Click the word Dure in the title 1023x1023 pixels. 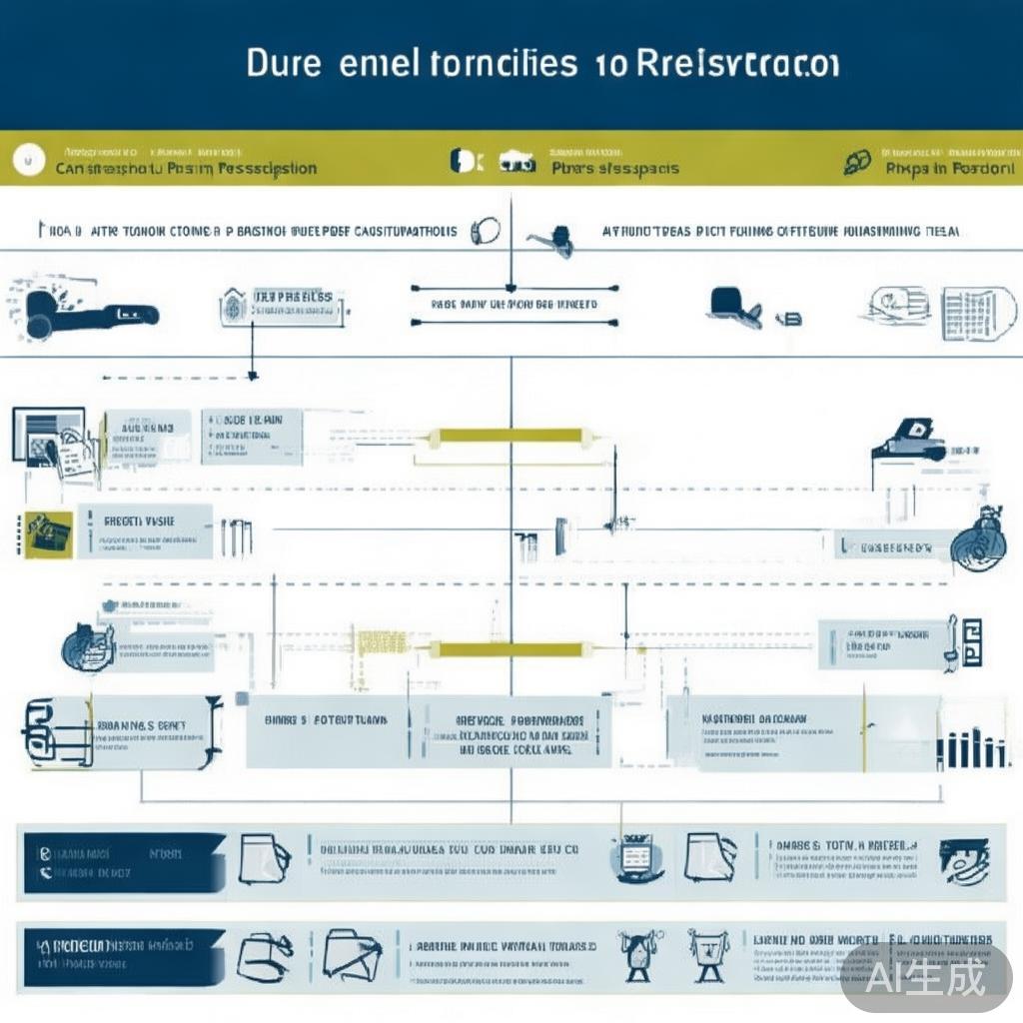[284, 65]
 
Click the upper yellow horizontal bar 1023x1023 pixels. [506, 435]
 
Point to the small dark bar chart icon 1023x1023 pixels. [972, 747]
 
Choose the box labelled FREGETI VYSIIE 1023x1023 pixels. [150, 530]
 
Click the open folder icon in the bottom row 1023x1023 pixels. [352, 954]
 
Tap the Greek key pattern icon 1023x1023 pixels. [968, 642]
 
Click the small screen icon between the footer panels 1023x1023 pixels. [636, 857]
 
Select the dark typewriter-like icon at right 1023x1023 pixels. [909, 441]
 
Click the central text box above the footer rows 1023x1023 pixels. [517, 731]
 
